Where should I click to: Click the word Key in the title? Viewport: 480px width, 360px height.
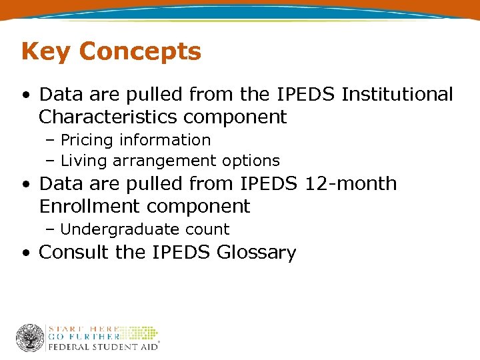pyautogui.click(x=43, y=52)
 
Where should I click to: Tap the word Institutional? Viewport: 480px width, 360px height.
pyautogui.click(x=397, y=95)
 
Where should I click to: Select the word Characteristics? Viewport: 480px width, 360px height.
pyautogui.click(x=107, y=117)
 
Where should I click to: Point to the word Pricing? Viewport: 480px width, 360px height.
pyautogui.click(x=88, y=140)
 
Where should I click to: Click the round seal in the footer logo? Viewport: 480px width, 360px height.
pyautogui.click(x=30, y=338)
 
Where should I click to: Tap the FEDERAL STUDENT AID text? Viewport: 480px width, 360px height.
pyautogui.click(x=103, y=347)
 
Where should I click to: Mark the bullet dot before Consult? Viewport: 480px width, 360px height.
pyautogui.click(x=25, y=253)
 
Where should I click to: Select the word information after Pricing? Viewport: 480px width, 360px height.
pyautogui.click(x=166, y=140)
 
